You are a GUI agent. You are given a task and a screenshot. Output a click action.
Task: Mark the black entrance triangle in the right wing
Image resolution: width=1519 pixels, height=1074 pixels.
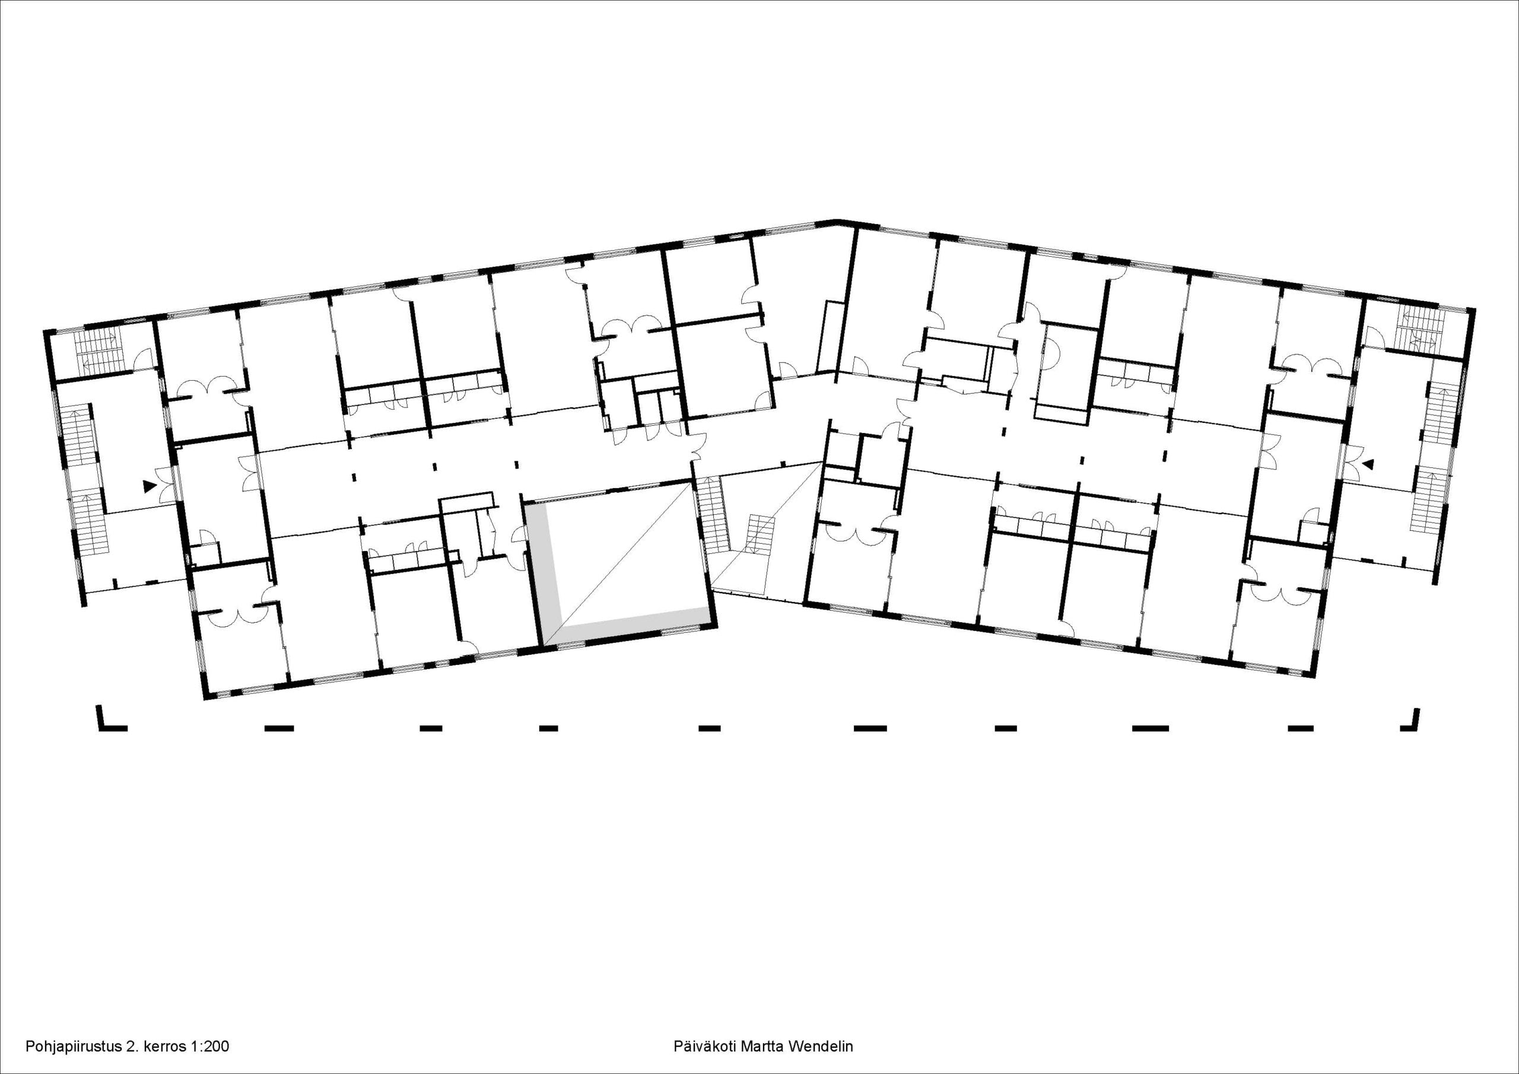(1368, 465)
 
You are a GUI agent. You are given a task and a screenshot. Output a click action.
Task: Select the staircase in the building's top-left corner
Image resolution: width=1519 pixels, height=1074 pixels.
(96, 351)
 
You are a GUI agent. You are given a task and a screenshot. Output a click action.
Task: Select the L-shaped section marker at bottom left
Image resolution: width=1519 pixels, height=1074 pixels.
(111, 719)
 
